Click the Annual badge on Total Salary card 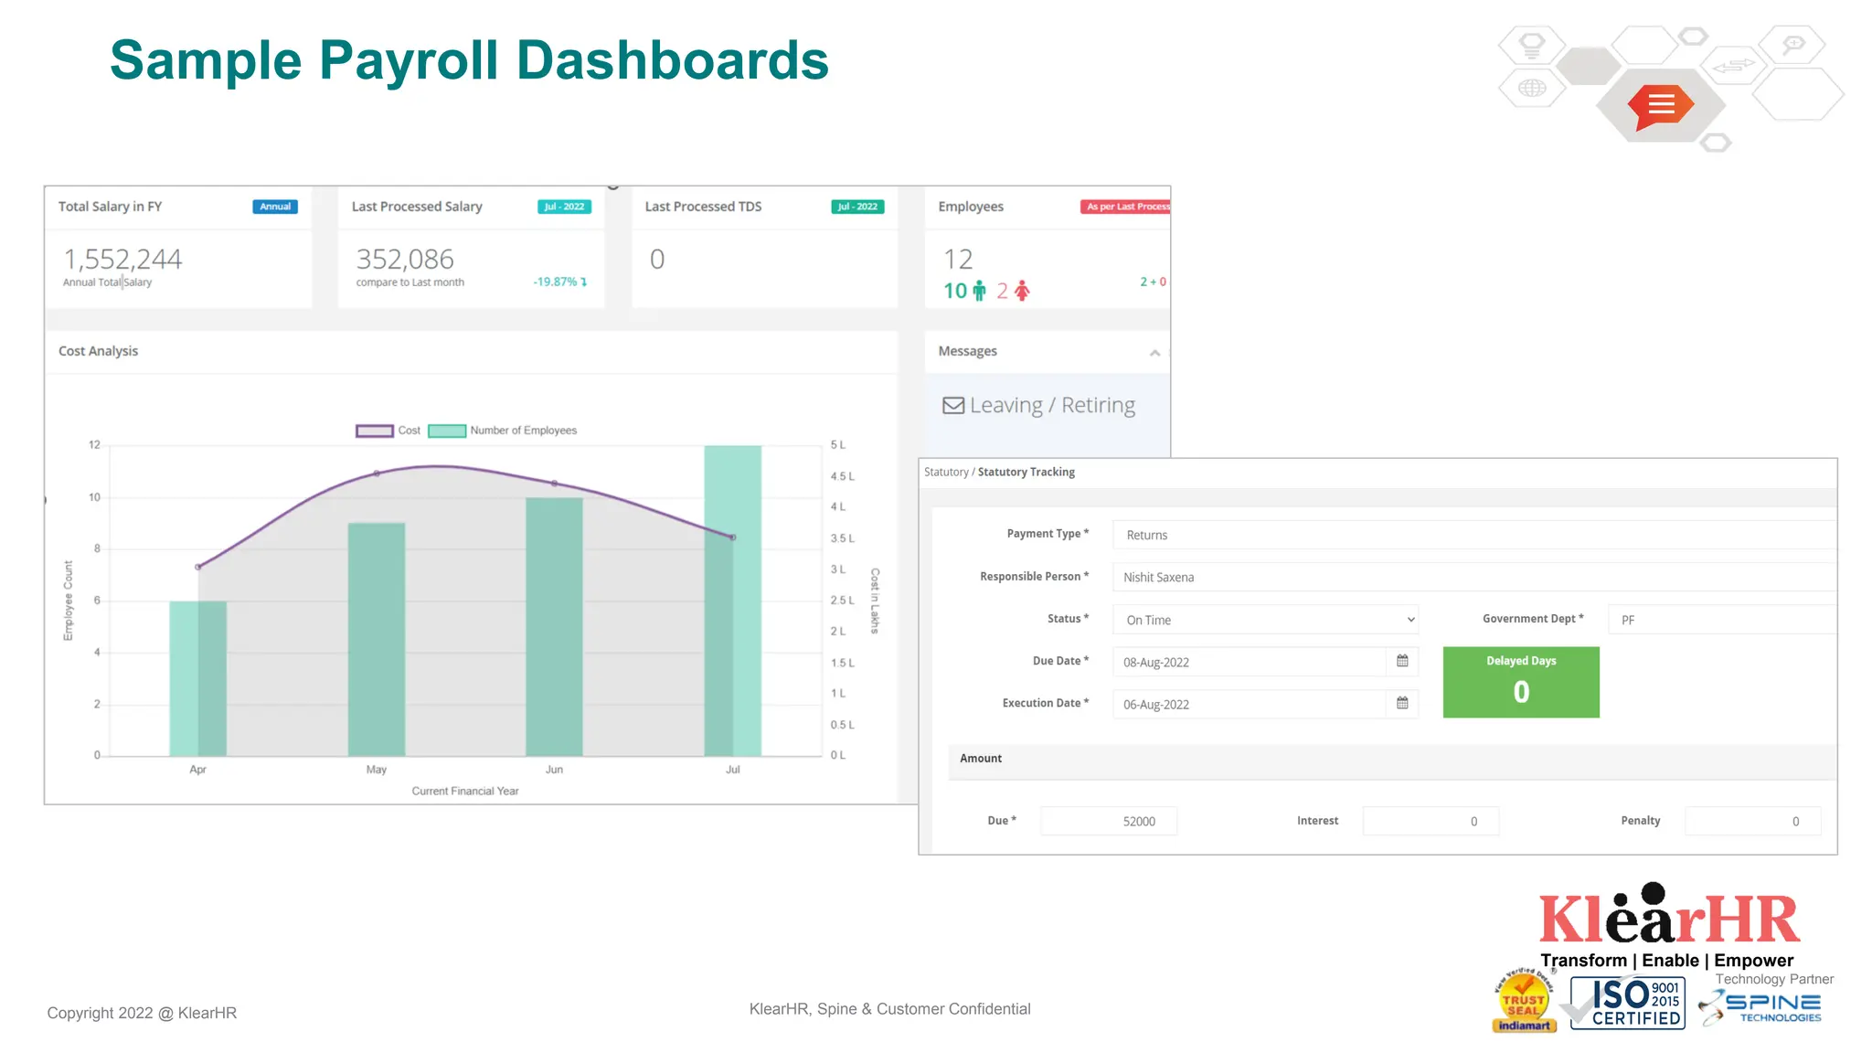coord(274,207)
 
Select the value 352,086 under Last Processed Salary coord(405,260)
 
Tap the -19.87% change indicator coord(559,282)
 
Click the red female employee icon coord(1022,291)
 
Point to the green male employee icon coord(979,291)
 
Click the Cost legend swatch coord(374,431)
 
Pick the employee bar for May coord(376,639)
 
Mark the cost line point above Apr coord(198,567)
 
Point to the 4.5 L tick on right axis coord(842,476)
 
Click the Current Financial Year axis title coord(464,792)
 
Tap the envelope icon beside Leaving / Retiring coord(953,405)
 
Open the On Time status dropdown coord(1265,620)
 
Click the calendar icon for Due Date coord(1402,661)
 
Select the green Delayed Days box coord(1521,682)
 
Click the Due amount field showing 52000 coord(1109,821)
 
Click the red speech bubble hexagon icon coord(1661,106)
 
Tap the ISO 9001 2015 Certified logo coord(1627,1003)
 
